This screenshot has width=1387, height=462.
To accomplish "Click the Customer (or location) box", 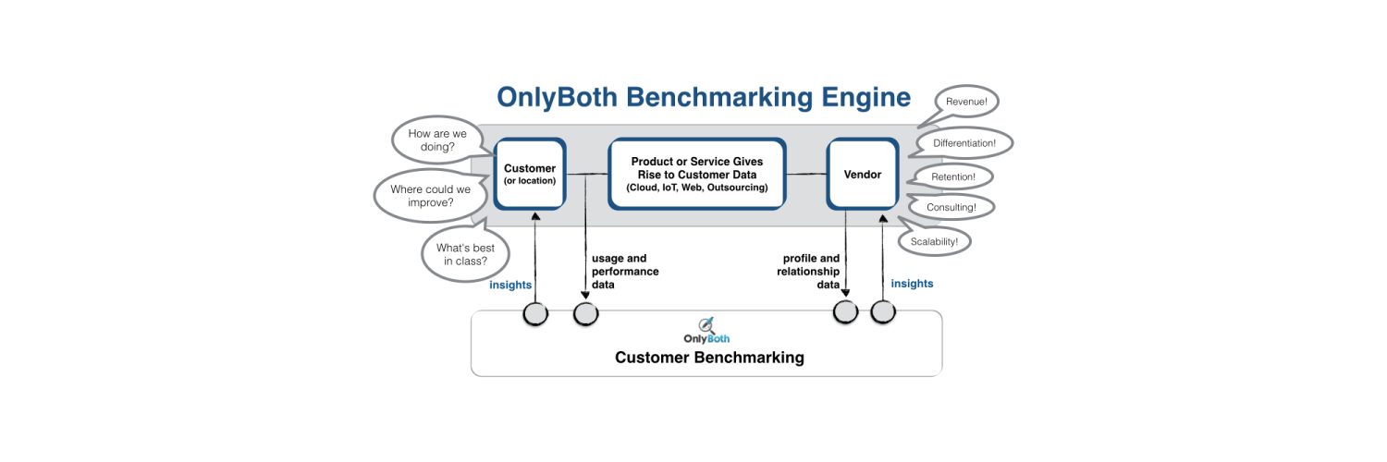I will point(530,174).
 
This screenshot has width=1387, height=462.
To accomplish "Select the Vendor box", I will point(862,174).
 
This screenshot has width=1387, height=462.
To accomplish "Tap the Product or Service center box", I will point(696,174).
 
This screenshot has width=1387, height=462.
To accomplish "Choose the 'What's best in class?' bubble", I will point(465,254).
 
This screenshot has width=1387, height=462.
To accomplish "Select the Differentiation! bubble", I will point(964,143).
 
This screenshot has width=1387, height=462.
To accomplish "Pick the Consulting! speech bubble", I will point(951,208).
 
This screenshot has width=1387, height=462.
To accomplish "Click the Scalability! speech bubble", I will point(940,241).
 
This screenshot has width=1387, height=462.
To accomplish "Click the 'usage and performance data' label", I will point(625,272).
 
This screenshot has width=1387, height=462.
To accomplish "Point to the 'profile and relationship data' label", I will point(810,272).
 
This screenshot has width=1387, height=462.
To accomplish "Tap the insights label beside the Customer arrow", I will point(510,285).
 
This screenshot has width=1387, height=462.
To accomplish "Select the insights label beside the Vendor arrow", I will point(912,284).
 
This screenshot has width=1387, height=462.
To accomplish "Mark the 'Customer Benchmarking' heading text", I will point(709,358).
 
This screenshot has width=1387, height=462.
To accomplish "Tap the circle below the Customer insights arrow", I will point(535,314).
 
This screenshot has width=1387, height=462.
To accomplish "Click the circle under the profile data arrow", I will point(846,311).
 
